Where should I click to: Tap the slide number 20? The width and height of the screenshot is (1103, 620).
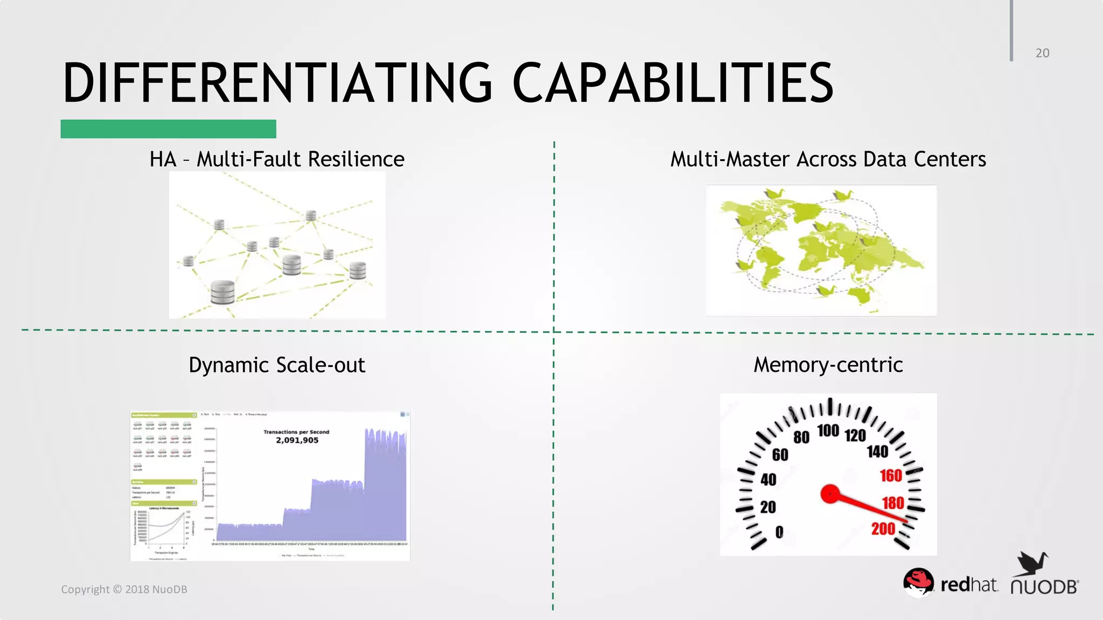pyautogui.click(x=1042, y=53)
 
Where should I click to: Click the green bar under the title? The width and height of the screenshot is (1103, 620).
pyautogui.click(x=168, y=129)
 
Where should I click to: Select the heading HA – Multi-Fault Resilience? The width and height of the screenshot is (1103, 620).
pyautogui.click(x=277, y=159)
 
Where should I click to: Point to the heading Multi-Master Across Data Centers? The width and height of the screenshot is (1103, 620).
pyautogui.click(x=828, y=159)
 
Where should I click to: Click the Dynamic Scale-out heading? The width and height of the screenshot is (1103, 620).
pyautogui.click(x=277, y=365)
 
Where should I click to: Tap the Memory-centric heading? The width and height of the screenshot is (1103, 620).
pyautogui.click(x=828, y=365)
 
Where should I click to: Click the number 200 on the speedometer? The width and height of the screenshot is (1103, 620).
pyautogui.click(x=883, y=529)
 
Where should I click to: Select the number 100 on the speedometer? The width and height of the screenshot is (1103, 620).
pyautogui.click(x=828, y=431)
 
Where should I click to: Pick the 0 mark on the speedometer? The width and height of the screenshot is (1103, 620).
pyautogui.click(x=779, y=532)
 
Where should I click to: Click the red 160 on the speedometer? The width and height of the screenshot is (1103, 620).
pyautogui.click(x=891, y=476)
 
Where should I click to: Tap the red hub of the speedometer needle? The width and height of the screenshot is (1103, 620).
pyautogui.click(x=830, y=494)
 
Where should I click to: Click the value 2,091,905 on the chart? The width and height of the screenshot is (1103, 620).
pyautogui.click(x=297, y=440)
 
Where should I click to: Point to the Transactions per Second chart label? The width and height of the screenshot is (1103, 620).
pyautogui.click(x=296, y=432)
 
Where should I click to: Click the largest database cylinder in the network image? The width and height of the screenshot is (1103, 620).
pyautogui.click(x=222, y=292)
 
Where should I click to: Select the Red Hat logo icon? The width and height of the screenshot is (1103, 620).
pyautogui.click(x=918, y=582)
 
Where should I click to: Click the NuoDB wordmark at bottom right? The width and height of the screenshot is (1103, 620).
pyautogui.click(x=1044, y=587)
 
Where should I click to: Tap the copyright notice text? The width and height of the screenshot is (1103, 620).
pyautogui.click(x=124, y=589)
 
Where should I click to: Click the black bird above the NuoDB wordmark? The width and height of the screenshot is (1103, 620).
pyautogui.click(x=1033, y=563)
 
